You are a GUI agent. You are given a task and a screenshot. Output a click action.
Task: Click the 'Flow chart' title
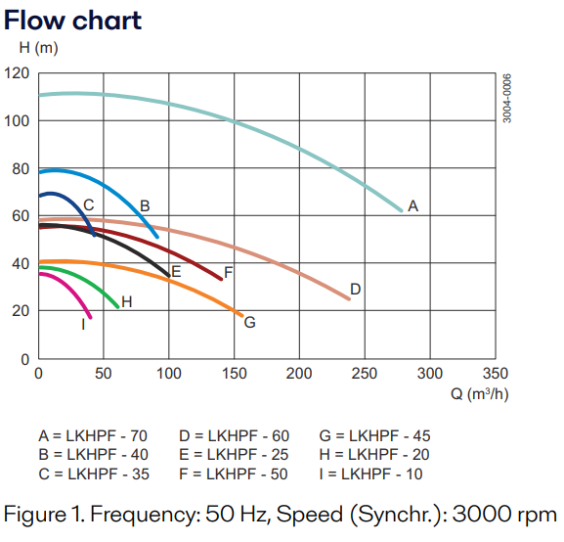73,19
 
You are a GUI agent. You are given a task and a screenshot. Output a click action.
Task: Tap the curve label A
412,206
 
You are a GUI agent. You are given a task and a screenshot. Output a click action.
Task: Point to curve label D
356,289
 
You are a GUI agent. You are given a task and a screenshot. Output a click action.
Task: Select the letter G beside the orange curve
249,322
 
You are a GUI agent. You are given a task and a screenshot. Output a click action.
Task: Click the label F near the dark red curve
228,272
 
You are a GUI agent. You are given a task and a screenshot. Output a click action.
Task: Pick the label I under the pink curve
83,324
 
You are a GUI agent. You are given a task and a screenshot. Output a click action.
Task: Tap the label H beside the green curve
127,302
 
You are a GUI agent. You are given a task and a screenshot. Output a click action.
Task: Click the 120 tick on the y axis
17,73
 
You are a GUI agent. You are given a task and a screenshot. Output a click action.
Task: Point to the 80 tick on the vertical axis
21,168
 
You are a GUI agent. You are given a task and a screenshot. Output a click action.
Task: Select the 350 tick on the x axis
496,374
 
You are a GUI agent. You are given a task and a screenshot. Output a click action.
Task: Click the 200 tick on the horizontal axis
299,374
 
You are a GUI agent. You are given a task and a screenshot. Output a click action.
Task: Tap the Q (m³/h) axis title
479,393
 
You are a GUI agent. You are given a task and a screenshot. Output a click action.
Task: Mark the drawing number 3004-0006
507,98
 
